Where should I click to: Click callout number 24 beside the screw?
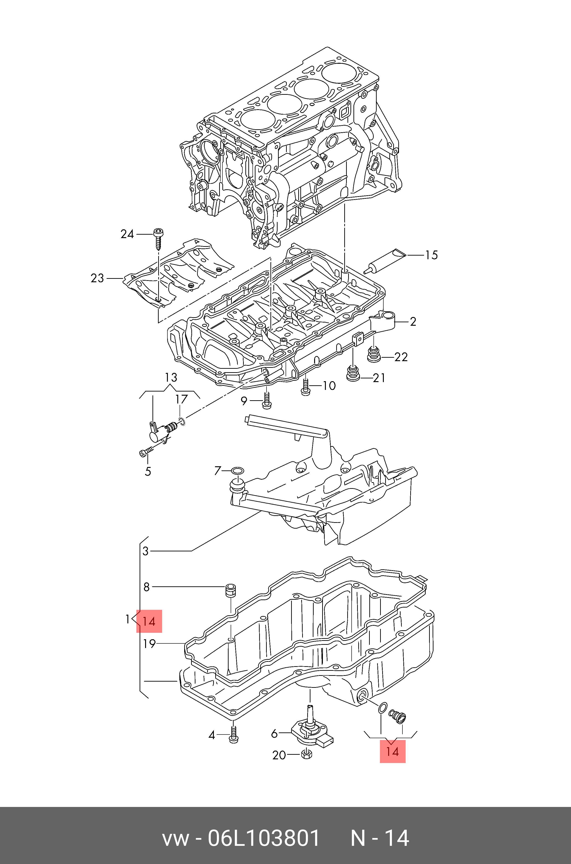(x=127, y=234)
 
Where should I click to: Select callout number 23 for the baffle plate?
(x=97, y=278)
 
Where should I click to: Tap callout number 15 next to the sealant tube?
(x=432, y=255)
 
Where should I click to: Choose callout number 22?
(x=401, y=357)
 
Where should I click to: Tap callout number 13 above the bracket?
(x=171, y=377)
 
